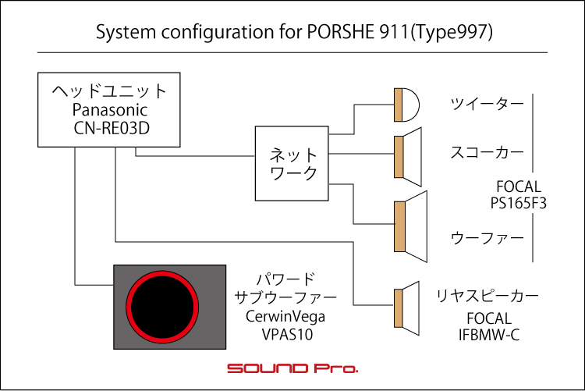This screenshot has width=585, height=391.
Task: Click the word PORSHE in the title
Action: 339,32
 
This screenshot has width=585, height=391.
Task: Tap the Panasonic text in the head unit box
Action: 110,110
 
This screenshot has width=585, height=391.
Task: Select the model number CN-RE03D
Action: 112,128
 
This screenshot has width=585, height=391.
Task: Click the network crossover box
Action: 292,164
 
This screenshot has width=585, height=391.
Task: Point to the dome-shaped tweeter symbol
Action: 406,105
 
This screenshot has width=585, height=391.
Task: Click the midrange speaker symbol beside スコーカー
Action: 408,157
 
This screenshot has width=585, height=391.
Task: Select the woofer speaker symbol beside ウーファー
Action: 410,226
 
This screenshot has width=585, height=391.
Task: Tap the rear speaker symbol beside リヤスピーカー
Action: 406,308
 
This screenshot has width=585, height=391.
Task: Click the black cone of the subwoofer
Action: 162,307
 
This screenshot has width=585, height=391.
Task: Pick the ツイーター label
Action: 487,104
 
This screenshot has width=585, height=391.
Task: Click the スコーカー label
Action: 487,152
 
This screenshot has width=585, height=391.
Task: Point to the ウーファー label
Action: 487,238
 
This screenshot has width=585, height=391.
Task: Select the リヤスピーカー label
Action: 487,296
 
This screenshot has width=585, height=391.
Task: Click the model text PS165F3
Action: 518,204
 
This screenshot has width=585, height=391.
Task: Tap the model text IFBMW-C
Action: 489,335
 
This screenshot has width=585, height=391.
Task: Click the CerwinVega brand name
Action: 285,317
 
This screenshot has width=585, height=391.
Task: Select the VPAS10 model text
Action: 287,335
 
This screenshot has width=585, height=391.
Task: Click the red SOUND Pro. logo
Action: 292,368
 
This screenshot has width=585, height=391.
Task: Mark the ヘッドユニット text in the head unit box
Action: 109,91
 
